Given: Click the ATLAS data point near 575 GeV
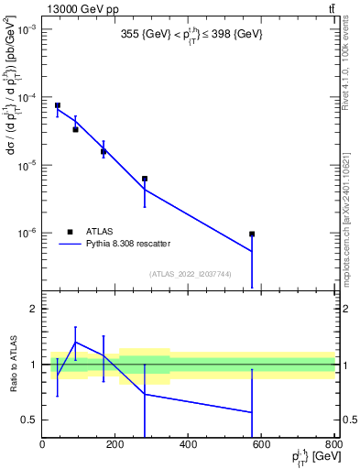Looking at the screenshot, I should tap(252, 234).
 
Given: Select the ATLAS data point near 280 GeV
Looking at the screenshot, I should tap(145, 179).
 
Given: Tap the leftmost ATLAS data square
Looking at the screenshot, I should tap(58, 105).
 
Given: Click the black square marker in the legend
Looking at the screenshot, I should tap(70, 232).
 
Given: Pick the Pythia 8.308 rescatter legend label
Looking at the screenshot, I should tap(128, 244).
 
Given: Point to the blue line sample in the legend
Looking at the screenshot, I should tap(70, 244).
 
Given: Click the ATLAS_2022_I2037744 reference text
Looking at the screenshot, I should tap(191, 274).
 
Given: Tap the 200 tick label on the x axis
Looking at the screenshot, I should tap(115, 446).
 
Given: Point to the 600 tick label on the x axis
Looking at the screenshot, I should tap(261, 446).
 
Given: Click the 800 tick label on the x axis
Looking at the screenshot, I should tap(332, 446).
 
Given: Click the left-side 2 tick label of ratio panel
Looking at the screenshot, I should tap(33, 309).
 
